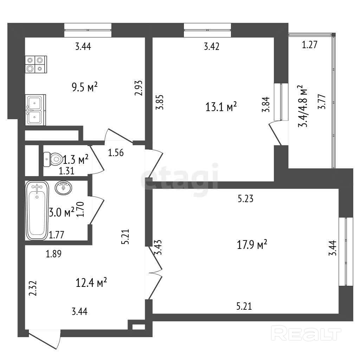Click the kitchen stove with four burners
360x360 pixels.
click(36, 64)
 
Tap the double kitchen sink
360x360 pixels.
click(35, 109)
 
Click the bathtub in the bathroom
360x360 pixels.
click(37, 210)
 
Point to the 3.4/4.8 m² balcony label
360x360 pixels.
click(302, 107)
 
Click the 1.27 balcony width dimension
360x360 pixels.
click(310, 45)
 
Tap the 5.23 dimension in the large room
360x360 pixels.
click(245, 199)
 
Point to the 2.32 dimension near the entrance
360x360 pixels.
click(33, 289)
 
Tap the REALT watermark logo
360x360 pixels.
click(307, 333)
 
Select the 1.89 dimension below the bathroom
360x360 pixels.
click(54, 254)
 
